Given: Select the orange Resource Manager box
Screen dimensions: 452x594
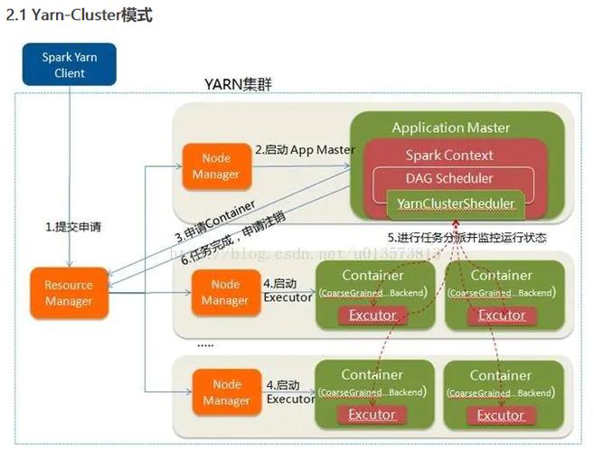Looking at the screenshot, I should [x=69, y=293].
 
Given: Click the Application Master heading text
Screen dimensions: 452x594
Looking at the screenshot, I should [x=450, y=127].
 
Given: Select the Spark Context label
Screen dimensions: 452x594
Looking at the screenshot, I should [x=449, y=155].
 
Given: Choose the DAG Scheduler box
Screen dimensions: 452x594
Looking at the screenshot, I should [x=449, y=178].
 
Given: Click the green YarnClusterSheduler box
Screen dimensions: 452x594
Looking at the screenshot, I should [x=456, y=204].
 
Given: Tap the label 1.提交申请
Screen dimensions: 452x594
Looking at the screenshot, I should [x=73, y=227].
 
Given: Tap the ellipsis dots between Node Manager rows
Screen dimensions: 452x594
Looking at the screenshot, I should [x=205, y=344].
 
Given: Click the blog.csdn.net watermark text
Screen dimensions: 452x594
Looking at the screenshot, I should [x=298, y=252].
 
